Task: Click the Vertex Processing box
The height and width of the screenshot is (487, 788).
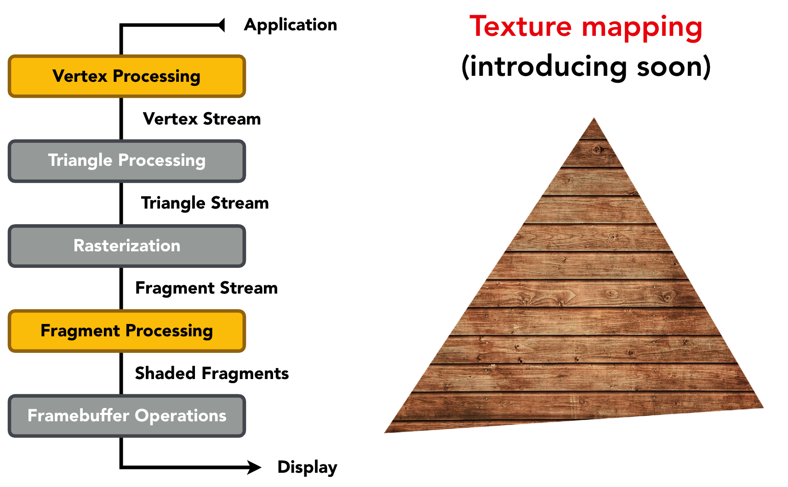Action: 127,76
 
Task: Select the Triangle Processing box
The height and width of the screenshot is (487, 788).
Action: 127,161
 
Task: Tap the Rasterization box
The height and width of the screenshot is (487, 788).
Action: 127,246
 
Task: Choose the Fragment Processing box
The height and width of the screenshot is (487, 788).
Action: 127,331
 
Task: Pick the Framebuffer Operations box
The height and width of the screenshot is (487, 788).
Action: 127,416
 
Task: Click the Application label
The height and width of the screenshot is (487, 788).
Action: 291,25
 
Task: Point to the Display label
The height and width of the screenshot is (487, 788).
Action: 307,467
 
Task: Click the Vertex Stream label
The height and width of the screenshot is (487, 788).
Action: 202,119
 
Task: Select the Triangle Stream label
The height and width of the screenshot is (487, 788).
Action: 205,203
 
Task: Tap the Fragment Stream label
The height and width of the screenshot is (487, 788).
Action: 206,288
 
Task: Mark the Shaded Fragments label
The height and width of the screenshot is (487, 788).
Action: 212,373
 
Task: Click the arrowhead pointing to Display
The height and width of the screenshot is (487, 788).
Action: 254,467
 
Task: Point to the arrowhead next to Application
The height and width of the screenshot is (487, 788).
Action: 222,25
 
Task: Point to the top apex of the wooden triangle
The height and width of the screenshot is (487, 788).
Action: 594,119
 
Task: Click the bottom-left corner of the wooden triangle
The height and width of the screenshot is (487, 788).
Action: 386,431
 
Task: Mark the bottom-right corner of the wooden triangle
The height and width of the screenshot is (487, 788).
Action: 762,407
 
